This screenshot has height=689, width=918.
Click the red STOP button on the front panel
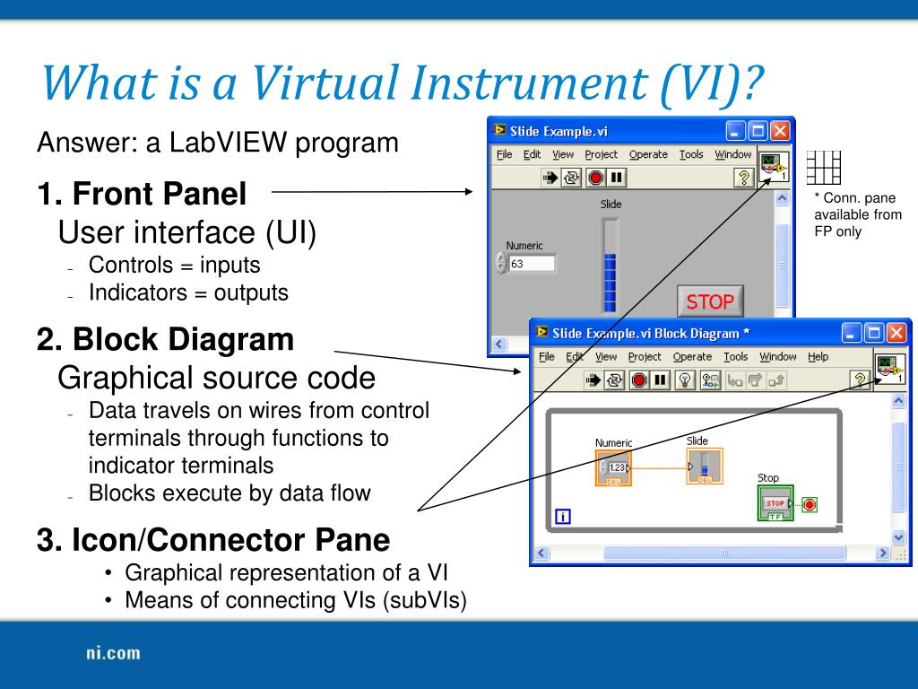pos(710,302)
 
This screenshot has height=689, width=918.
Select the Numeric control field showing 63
pos(531,264)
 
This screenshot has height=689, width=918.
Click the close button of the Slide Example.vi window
pos(780,131)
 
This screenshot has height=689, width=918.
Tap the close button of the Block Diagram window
pos(896,333)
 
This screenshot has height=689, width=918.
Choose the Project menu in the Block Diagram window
pos(645,356)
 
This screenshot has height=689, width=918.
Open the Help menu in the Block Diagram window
pos(818,356)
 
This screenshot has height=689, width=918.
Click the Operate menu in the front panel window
pos(648,154)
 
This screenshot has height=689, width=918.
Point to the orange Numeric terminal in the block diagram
pos(613,468)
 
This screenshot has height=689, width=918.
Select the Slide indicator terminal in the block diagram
pos(704,467)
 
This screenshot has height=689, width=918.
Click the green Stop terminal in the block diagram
pos(775,504)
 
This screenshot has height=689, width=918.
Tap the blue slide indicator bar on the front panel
pos(611,280)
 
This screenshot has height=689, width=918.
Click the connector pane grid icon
pos(823,167)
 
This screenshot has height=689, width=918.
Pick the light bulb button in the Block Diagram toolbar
pos(685,379)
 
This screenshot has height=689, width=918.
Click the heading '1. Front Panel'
pos(142,193)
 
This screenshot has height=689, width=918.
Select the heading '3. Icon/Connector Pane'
pos(213,540)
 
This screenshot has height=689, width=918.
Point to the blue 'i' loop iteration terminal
pos(563,516)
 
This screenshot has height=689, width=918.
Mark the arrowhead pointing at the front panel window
pos(469,190)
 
